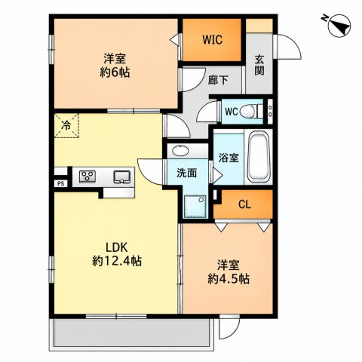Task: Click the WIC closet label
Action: point(213,40)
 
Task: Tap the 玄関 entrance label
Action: point(259,65)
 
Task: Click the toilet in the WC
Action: point(251,112)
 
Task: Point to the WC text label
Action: point(232,112)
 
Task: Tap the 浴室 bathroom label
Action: point(229,158)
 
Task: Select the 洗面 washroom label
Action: point(186,173)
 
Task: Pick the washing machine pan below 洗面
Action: point(195,207)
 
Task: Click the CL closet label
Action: point(244,205)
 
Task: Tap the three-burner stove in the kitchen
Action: point(87,176)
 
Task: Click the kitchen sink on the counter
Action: point(122,176)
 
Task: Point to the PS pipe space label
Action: point(61,184)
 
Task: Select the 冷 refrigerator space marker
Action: point(66,125)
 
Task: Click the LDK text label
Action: point(117,248)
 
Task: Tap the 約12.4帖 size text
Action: point(117,261)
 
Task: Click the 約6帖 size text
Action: point(115,72)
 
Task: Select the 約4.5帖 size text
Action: point(229,278)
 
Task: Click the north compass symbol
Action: point(339,25)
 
